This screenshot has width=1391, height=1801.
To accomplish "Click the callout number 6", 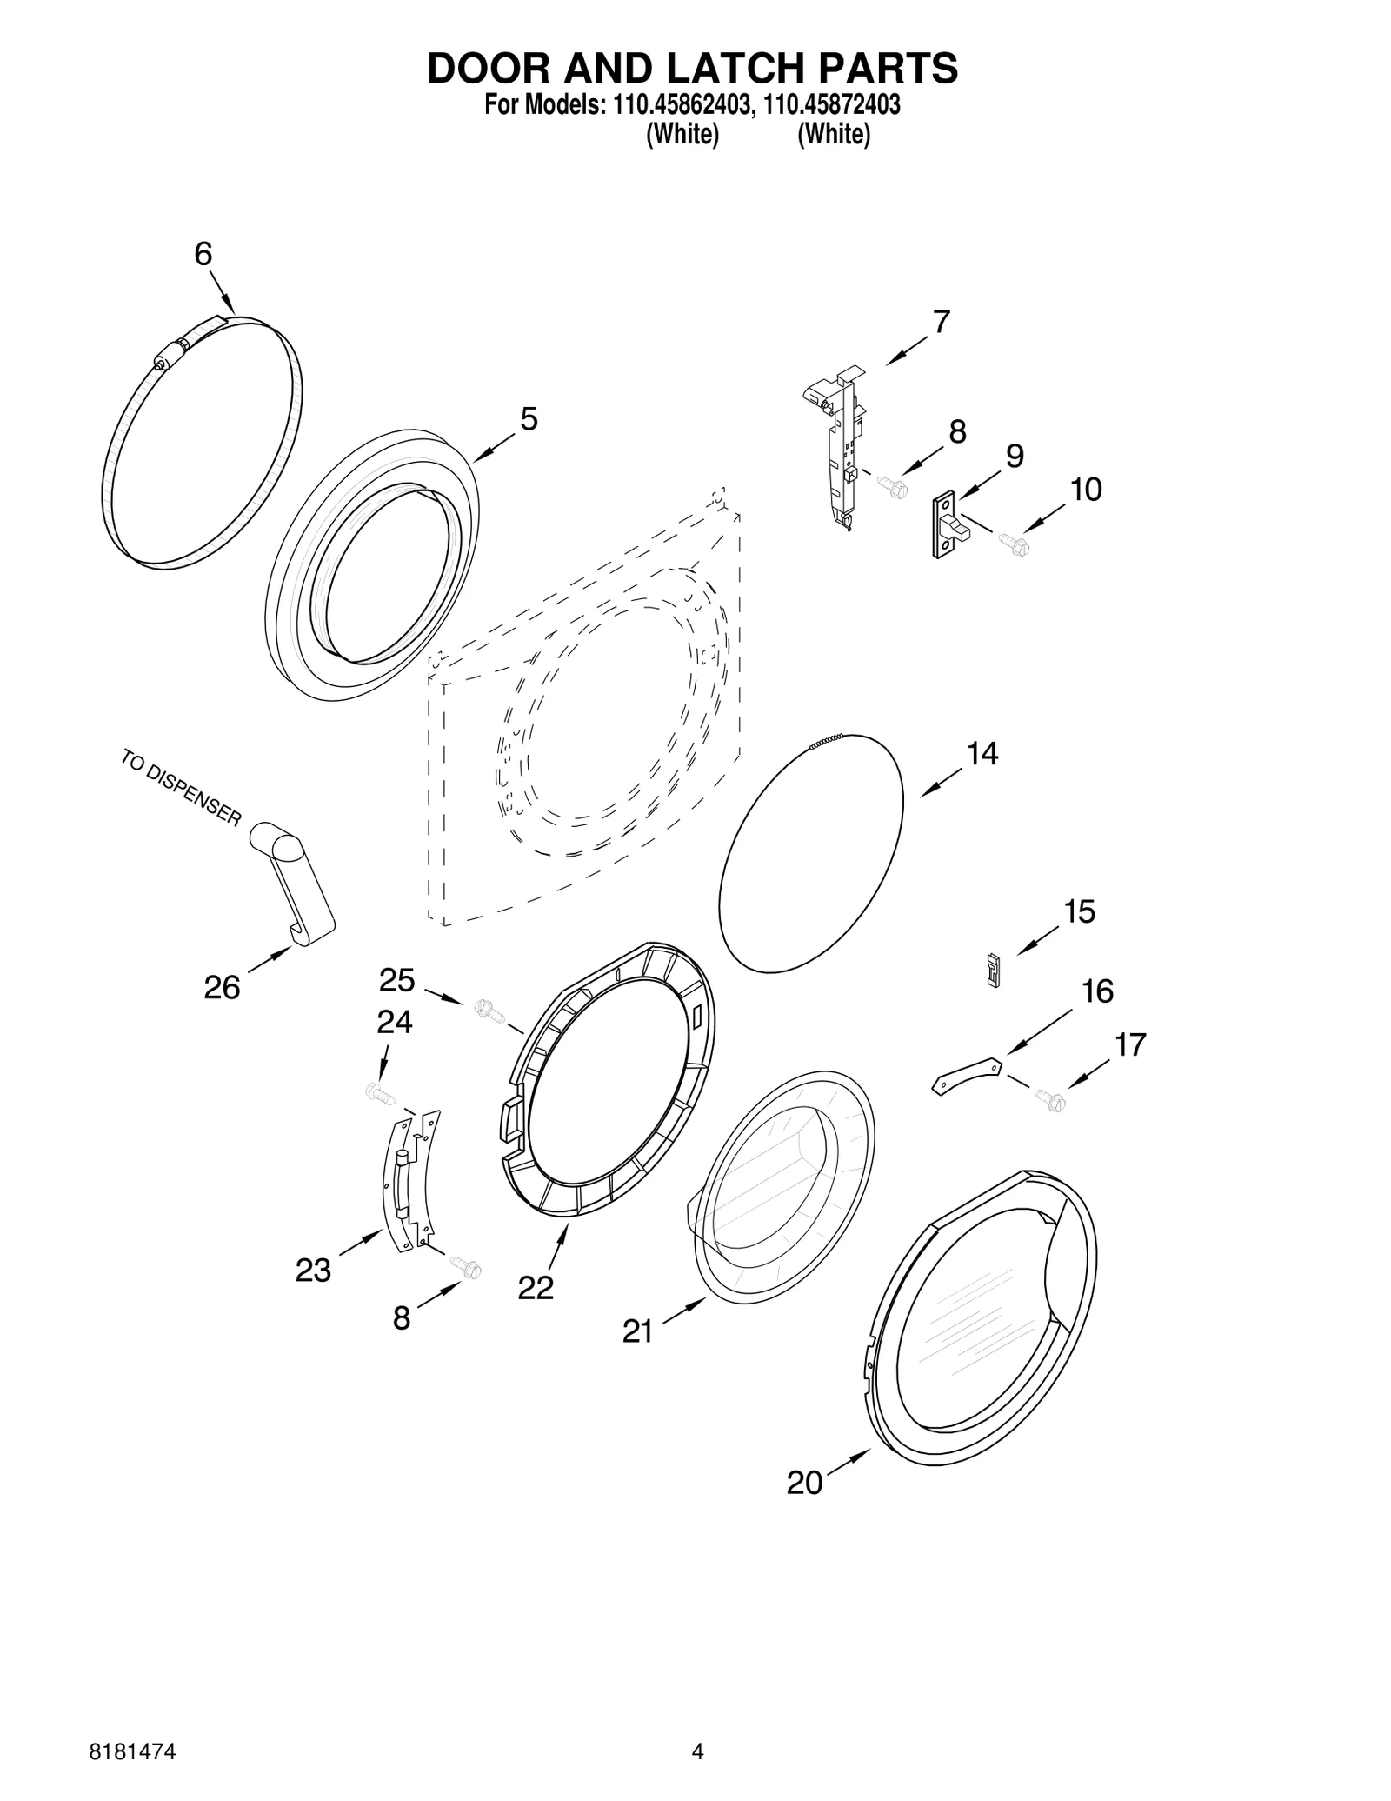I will [203, 254].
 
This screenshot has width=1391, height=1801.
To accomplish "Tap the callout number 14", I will [982, 753].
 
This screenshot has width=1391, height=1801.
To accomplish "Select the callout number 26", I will [222, 987].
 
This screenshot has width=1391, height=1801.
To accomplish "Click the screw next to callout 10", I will [1013, 544].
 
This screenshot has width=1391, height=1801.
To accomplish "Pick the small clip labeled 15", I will [993, 969].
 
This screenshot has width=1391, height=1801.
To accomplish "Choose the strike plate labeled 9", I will [947, 524].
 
